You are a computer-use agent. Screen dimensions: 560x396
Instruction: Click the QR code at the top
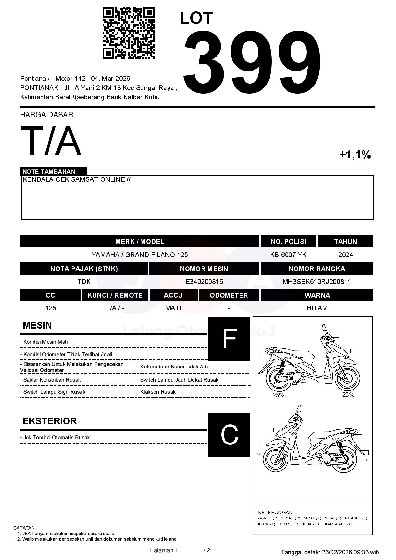[128, 33]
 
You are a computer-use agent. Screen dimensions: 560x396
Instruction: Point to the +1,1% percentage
[355, 155]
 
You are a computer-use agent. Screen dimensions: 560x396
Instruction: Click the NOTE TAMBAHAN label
[49, 171]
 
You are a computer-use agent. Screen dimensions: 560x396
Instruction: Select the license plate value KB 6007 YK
[288, 255]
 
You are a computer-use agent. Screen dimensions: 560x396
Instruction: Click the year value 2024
[346, 255]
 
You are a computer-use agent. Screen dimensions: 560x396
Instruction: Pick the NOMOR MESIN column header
[204, 269]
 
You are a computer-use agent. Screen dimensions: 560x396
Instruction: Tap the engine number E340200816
[204, 282]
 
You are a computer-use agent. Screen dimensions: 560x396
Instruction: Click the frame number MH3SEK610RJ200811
[316, 282]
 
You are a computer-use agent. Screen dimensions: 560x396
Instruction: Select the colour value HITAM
[317, 308]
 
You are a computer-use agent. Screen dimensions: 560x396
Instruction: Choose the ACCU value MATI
[173, 308]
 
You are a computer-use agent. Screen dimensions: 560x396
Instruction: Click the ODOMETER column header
[229, 295]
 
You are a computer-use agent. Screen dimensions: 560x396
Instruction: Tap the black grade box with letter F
[229, 339]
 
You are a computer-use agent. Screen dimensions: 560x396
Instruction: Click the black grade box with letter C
[229, 435]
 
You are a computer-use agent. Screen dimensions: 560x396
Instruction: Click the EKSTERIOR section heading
[50, 421]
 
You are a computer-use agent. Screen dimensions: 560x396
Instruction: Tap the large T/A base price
[51, 141]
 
